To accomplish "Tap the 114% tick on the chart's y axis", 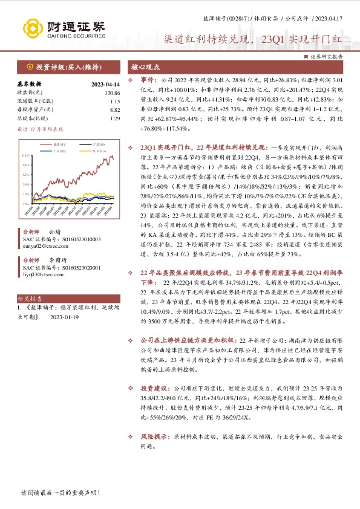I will click(x=25, y=155).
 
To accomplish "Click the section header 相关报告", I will click(x=30, y=299).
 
